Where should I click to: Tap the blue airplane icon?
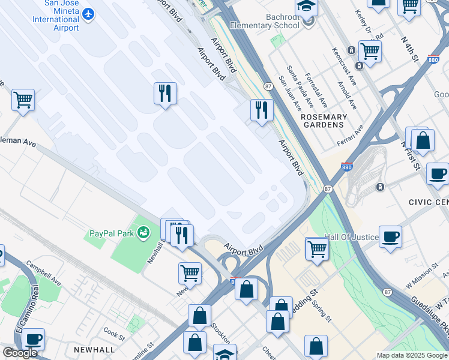click(x=89, y=13)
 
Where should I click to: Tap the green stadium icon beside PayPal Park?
click(x=143, y=232)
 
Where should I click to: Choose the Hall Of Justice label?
click(x=352, y=237)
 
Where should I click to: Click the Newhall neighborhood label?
click(x=94, y=349)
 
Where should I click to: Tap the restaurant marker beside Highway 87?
click(x=262, y=110)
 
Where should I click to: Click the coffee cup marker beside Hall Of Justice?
click(x=390, y=236)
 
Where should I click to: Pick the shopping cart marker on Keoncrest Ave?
click(x=370, y=51)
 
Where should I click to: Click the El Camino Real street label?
click(x=19, y=327)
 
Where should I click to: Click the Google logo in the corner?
click(x=20, y=353)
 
